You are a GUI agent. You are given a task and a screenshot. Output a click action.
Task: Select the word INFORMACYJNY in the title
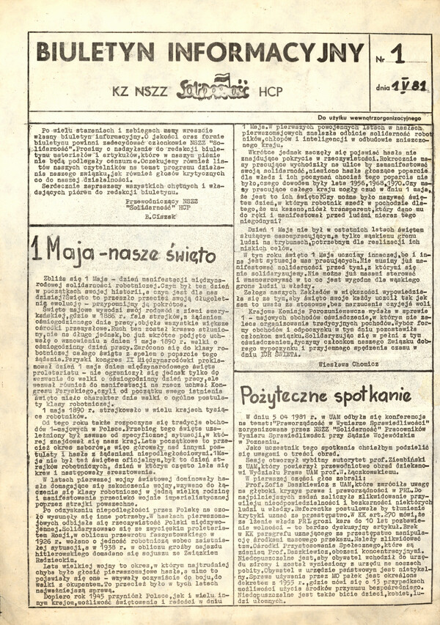coord(265,53)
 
